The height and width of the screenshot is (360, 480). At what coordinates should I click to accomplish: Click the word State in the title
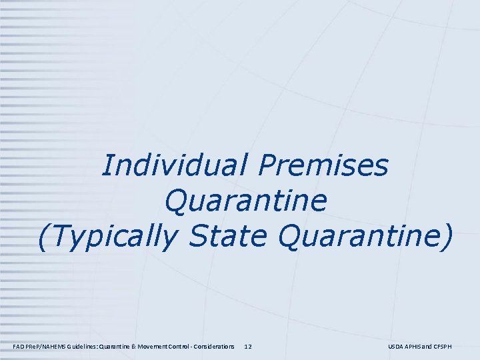point(229,238)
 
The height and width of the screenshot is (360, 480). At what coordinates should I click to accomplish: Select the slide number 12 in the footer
point(248,347)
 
